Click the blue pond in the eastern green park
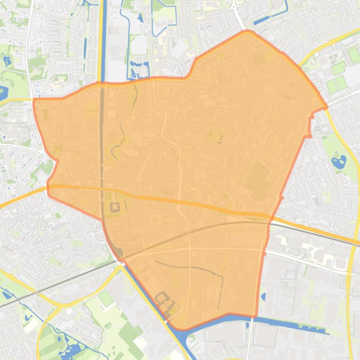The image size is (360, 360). (x=337, y=163)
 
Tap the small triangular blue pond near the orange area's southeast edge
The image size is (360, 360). (x=263, y=296)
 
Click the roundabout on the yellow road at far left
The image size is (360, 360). (x=11, y=278)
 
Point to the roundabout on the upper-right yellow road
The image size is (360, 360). (x=332, y=42)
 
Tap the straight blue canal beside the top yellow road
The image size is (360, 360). (x=103, y=42)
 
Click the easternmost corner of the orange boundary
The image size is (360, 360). (x=326, y=108)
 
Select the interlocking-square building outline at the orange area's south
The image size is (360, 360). (x=164, y=299)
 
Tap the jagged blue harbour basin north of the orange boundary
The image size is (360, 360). (x=139, y=70)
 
